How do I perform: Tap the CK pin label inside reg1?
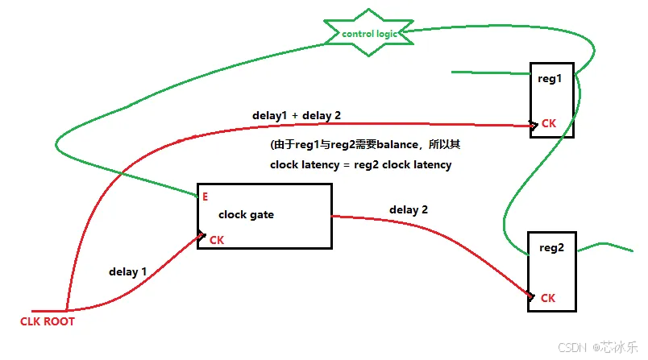[x=548, y=124]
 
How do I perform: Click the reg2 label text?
[x=550, y=249]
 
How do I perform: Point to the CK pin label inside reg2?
[x=548, y=298]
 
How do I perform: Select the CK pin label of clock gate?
[x=217, y=239]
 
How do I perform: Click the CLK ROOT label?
[x=48, y=321]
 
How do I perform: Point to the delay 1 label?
[x=127, y=271]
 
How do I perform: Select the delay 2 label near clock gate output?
[x=409, y=209]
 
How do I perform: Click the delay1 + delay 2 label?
[x=297, y=116]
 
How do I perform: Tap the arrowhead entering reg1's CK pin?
[x=533, y=125]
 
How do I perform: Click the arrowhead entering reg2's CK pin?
[x=530, y=297]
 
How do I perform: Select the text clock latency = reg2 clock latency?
[x=360, y=165]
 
